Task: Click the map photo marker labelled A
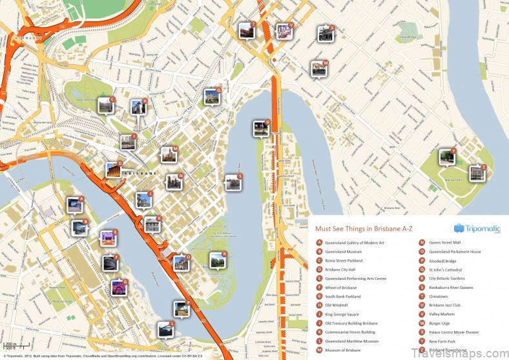click(x=75, y=206)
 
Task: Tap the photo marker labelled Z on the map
click(x=477, y=173)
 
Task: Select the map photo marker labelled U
click(x=260, y=128)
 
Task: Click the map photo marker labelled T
click(x=246, y=30)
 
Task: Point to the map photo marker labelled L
click(x=166, y=330)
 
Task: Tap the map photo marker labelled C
click(x=105, y=105)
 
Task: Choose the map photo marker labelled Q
click(x=213, y=97)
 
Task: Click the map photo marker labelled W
click(x=318, y=69)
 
